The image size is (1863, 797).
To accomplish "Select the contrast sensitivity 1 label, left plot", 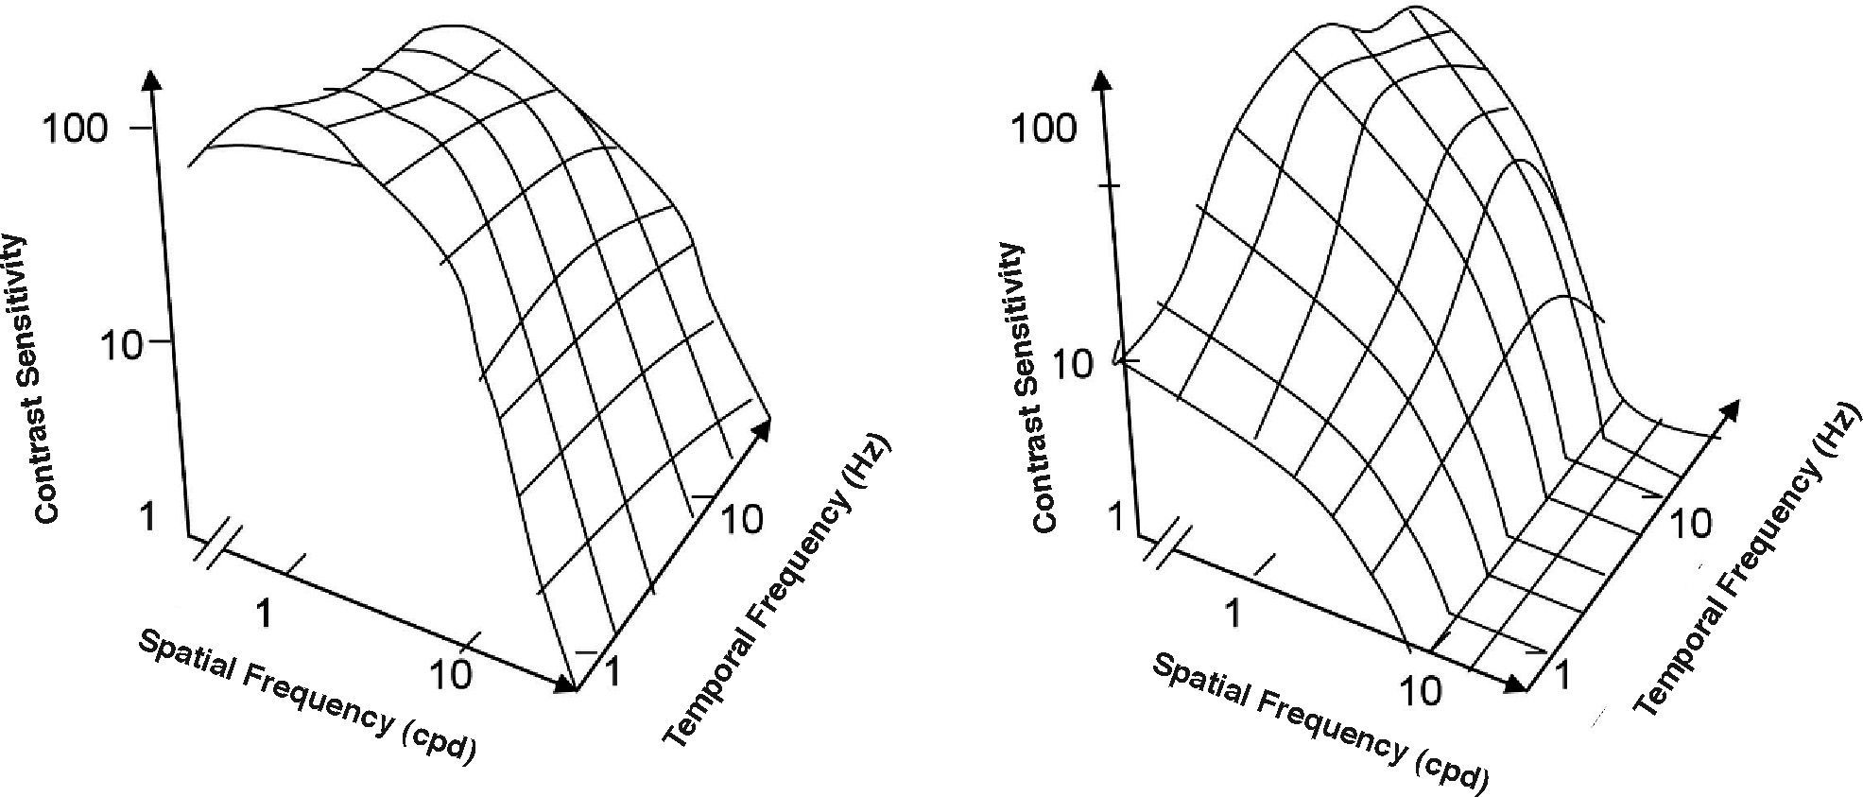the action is tap(147, 518).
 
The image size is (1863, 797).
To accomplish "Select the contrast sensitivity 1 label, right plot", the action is tap(1116, 518).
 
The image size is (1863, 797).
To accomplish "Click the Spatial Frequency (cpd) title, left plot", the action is tap(306, 695).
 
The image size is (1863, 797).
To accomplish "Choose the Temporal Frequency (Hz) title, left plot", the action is tap(775, 590).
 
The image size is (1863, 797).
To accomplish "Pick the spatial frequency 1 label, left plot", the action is tap(265, 614).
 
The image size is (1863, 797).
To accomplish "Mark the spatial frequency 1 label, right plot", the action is tap(1232, 614).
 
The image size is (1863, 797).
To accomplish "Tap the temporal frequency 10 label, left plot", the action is tap(741, 518).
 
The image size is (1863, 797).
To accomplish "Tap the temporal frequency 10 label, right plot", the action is tap(1689, 523).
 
